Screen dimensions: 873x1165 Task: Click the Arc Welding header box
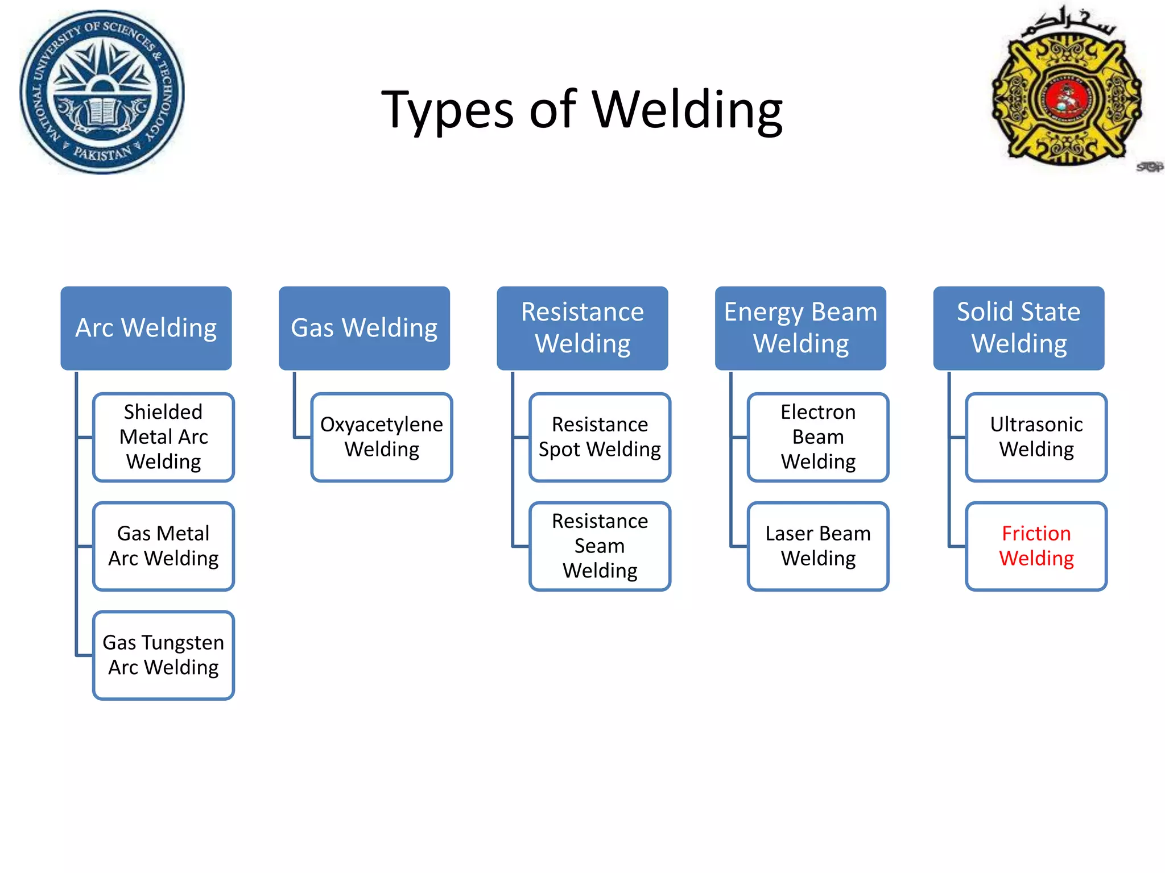pos(146,328)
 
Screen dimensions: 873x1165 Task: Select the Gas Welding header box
pos(364,328)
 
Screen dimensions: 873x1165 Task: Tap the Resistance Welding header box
pos(582,328)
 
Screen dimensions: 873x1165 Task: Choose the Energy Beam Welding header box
pos(800,328)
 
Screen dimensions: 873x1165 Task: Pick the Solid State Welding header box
pos(1018,328)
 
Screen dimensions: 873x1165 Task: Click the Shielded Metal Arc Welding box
pos(164,437)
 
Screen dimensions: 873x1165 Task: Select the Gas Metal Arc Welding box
pos(164,546)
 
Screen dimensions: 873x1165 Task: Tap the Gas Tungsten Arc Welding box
pos(164,655)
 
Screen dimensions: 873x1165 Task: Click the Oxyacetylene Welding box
pos(382,437)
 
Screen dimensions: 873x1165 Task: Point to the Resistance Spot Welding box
pos(600,437)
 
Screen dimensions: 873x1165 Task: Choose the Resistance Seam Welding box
pos(600,546)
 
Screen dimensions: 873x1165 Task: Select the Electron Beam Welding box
pos(818,437)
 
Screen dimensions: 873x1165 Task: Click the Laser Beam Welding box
pos(818,546)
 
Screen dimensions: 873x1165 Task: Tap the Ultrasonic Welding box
pos(1036,437)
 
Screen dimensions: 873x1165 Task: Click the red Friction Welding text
pos(1036,546)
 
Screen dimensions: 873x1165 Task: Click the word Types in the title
pos(447,111)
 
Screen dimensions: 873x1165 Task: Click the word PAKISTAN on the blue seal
pos(102,154)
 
